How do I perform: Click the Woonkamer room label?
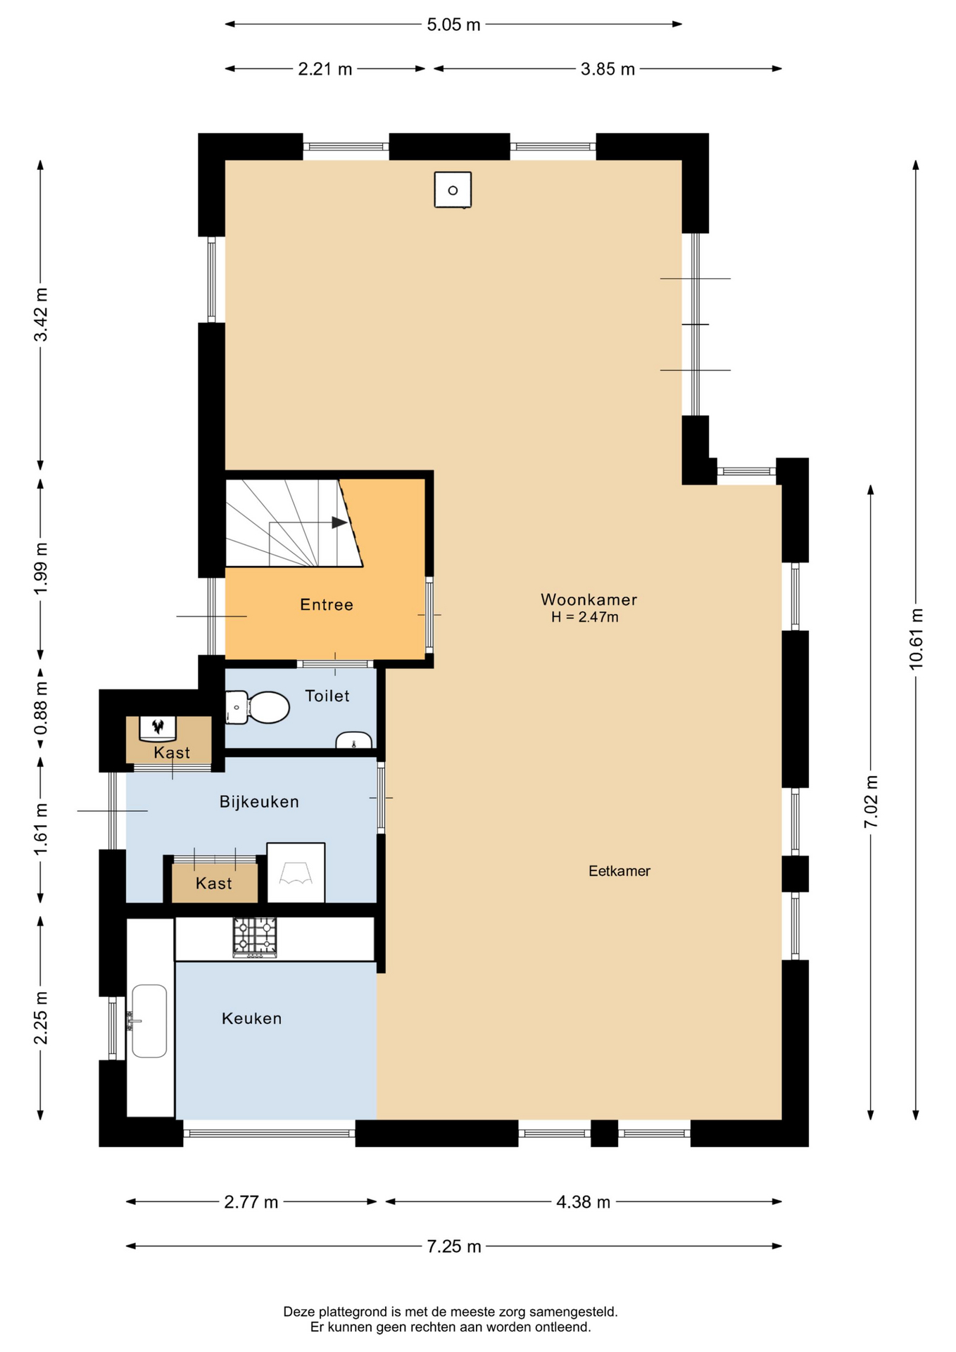point(589,599)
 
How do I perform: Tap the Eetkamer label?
point(619,871)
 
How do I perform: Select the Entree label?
point(327,604)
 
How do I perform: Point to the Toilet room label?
point(327,696)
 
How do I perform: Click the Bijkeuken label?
point(259,801)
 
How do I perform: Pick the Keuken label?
point(251,1018)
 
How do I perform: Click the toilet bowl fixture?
point(258,708)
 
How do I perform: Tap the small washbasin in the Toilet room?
point(353,740)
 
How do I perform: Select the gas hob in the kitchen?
point(255,937)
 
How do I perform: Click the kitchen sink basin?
point(149,1021)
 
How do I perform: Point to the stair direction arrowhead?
point(340,522)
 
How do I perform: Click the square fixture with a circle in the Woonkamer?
point(453,190)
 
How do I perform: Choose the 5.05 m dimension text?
point(453,25)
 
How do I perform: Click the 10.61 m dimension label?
point(916,639)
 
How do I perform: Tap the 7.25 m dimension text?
point(454,1246)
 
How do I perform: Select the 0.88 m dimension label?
point(41,708)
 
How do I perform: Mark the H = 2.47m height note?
point(585,618)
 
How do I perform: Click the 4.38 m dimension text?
point(584,1202)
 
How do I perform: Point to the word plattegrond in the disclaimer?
point(353,1312)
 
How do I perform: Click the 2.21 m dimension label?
point(325,69)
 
